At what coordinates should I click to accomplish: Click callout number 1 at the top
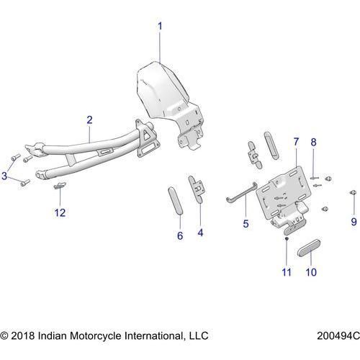click(x=160, y=27)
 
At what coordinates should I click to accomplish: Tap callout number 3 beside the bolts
click(x=5, y=176)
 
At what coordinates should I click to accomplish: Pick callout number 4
click(x=200, y=233)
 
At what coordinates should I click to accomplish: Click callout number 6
click(x=180, y=235)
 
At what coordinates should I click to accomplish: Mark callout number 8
click(x=313, y=143)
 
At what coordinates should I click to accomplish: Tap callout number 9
click(x=353, y=220)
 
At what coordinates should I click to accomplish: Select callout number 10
click(x=311, y=272)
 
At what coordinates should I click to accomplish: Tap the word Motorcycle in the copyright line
click(x=102, y=336)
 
